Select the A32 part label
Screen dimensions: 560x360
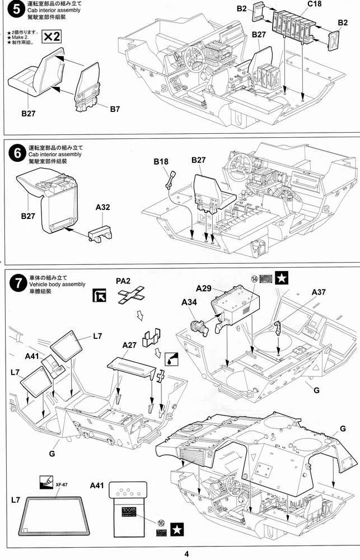pyautogui.click(x=103, y=207)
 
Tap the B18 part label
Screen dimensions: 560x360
pyautogui.click(x=161, y=162)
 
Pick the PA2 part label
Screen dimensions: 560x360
pyautogui.click(x=125, y=281)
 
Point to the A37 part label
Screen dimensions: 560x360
pyautogui.click(x=319, y=292)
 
